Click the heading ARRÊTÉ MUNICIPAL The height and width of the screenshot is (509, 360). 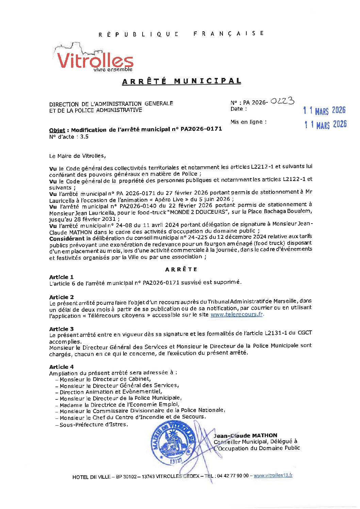click(x=181, y=81)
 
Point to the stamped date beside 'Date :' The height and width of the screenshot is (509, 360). click(x=324, y=110)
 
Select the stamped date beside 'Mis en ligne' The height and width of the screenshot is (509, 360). click(x=325, y=125)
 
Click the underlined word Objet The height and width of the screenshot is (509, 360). click(x=57, y=130)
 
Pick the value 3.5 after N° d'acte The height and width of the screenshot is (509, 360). click(x=84, y=137)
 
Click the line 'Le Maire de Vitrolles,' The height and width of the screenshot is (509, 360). click(x=78, y=156)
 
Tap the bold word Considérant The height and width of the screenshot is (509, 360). click(x=67, y=239)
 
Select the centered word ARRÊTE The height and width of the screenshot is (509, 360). click(x=181, y=269)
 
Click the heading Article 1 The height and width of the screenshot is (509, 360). click(x=61, y=277)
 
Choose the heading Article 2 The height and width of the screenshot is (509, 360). click(x=61, y=297)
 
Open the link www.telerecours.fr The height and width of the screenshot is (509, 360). click(x=237, y=314)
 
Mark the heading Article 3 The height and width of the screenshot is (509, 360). click(x=61, y=329)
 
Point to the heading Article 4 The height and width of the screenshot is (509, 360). click(x=61, y=367)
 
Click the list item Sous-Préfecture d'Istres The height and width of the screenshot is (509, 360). click(x=94, y=425)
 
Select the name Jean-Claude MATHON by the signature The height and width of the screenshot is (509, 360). click(x=245, y=436)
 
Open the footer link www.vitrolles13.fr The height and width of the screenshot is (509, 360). click(x=273, y=476)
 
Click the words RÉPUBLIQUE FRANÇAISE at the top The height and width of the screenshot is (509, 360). click(x=181, y=34)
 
